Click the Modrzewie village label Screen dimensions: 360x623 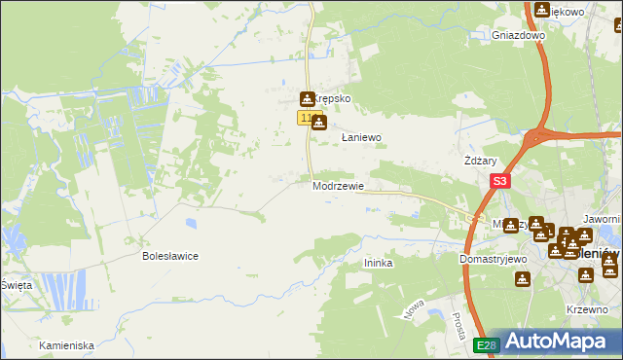coord(338,186)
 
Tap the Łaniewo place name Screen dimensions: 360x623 coord(360,138)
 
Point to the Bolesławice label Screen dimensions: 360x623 coord(170,257)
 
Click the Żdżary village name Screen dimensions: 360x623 coord(481,161)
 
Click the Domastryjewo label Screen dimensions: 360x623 coord(493,260)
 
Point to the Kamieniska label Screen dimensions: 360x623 coord(66,345)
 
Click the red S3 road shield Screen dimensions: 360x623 coord(499,181)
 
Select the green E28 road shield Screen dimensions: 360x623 coord(487,345)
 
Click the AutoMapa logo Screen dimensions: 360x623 coord(554,342)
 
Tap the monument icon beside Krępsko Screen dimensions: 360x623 coord(308,98)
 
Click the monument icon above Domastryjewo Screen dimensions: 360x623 coord(524,279)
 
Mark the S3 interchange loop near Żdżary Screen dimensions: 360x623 coord(537,136)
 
